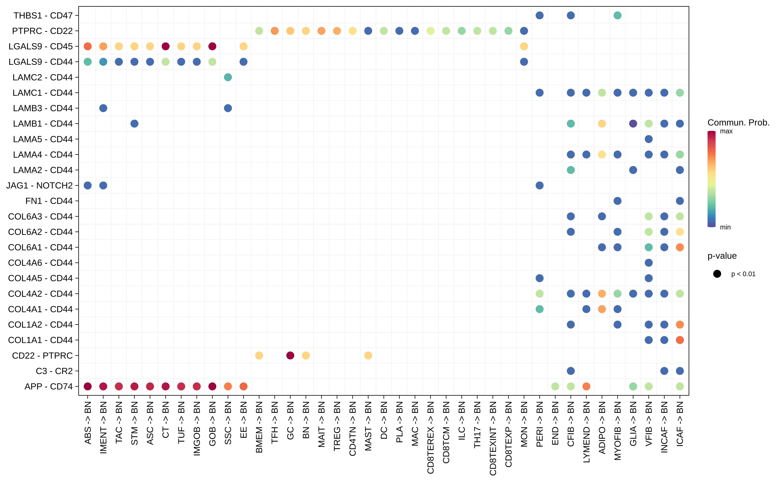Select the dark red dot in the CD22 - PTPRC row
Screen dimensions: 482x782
click(290, 355)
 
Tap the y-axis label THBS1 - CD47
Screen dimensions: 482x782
click(43, 15)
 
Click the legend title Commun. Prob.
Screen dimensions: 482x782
click(738, 123)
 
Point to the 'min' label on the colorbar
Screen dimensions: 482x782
click(725, 227)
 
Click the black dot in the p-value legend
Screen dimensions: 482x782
click(717, 274)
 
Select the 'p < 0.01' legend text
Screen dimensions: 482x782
click(743, 274)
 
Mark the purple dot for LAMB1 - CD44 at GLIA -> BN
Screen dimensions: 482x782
click(633, 124)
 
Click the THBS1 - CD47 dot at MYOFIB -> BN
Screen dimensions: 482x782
click(617, 15)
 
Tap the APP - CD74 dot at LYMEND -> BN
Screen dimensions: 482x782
click(586, 386)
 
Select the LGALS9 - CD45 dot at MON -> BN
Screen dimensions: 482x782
click(524, 46)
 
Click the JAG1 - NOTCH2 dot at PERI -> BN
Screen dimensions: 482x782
click(539, 186)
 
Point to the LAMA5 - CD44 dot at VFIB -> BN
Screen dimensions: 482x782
click(649, 139)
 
